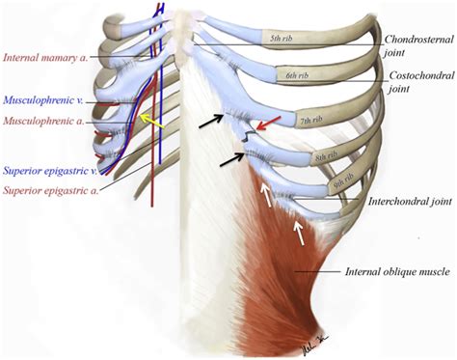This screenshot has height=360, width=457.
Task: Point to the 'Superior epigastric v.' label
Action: coord(49,170)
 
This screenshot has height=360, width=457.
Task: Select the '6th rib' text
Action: coord(295,74)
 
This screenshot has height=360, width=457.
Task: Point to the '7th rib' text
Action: coord(310,121)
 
